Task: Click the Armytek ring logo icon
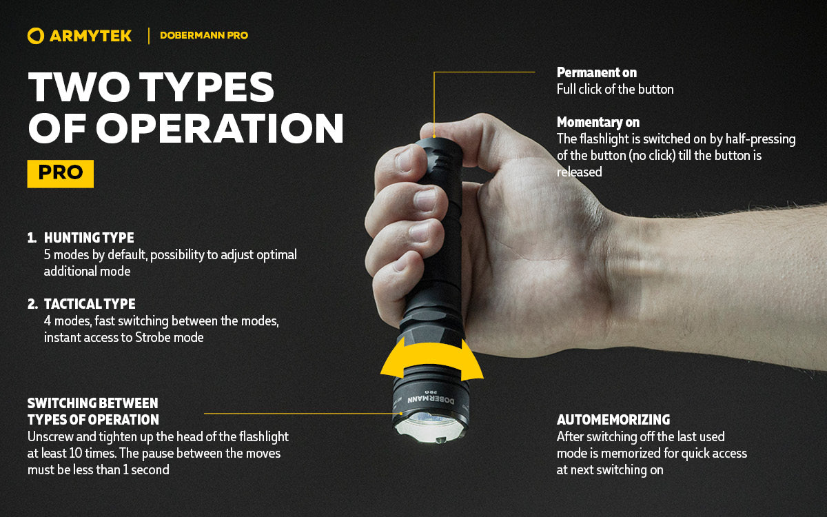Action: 36,36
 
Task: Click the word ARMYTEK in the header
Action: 90,36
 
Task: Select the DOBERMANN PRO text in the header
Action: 203,36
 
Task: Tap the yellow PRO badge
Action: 60,173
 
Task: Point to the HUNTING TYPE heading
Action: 89,238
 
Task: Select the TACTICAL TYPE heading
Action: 90,304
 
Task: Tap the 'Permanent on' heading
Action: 596,72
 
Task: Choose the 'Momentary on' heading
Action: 598,122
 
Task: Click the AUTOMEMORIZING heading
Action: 613,420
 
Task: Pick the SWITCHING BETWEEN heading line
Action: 92,403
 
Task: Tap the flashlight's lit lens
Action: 431,429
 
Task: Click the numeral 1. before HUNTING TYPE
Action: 32,238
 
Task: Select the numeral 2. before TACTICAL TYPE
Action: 32,304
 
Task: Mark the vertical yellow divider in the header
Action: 148,36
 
